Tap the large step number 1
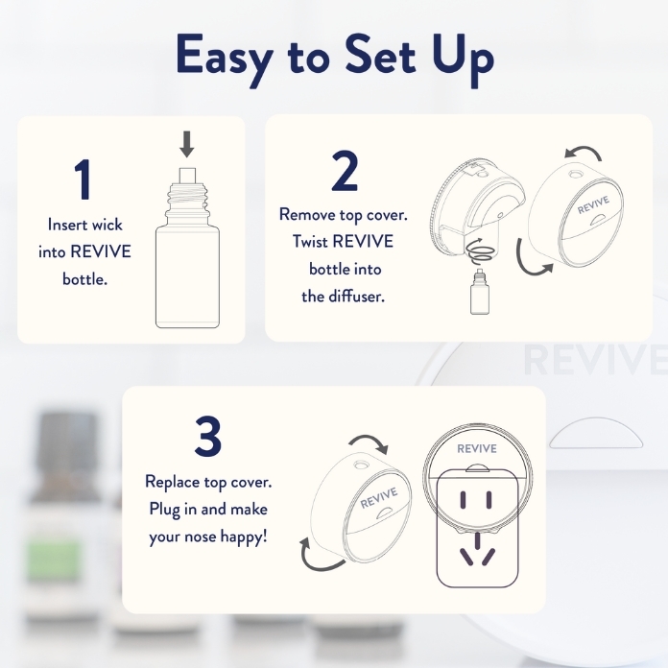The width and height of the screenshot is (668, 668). tap(83, 179)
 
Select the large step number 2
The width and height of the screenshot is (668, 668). tap(345, 172)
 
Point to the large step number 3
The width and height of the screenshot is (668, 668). tap(208, 436)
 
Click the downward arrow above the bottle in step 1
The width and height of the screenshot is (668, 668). tap(187, 144)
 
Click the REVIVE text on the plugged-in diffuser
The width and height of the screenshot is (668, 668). tap(476, 448)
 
